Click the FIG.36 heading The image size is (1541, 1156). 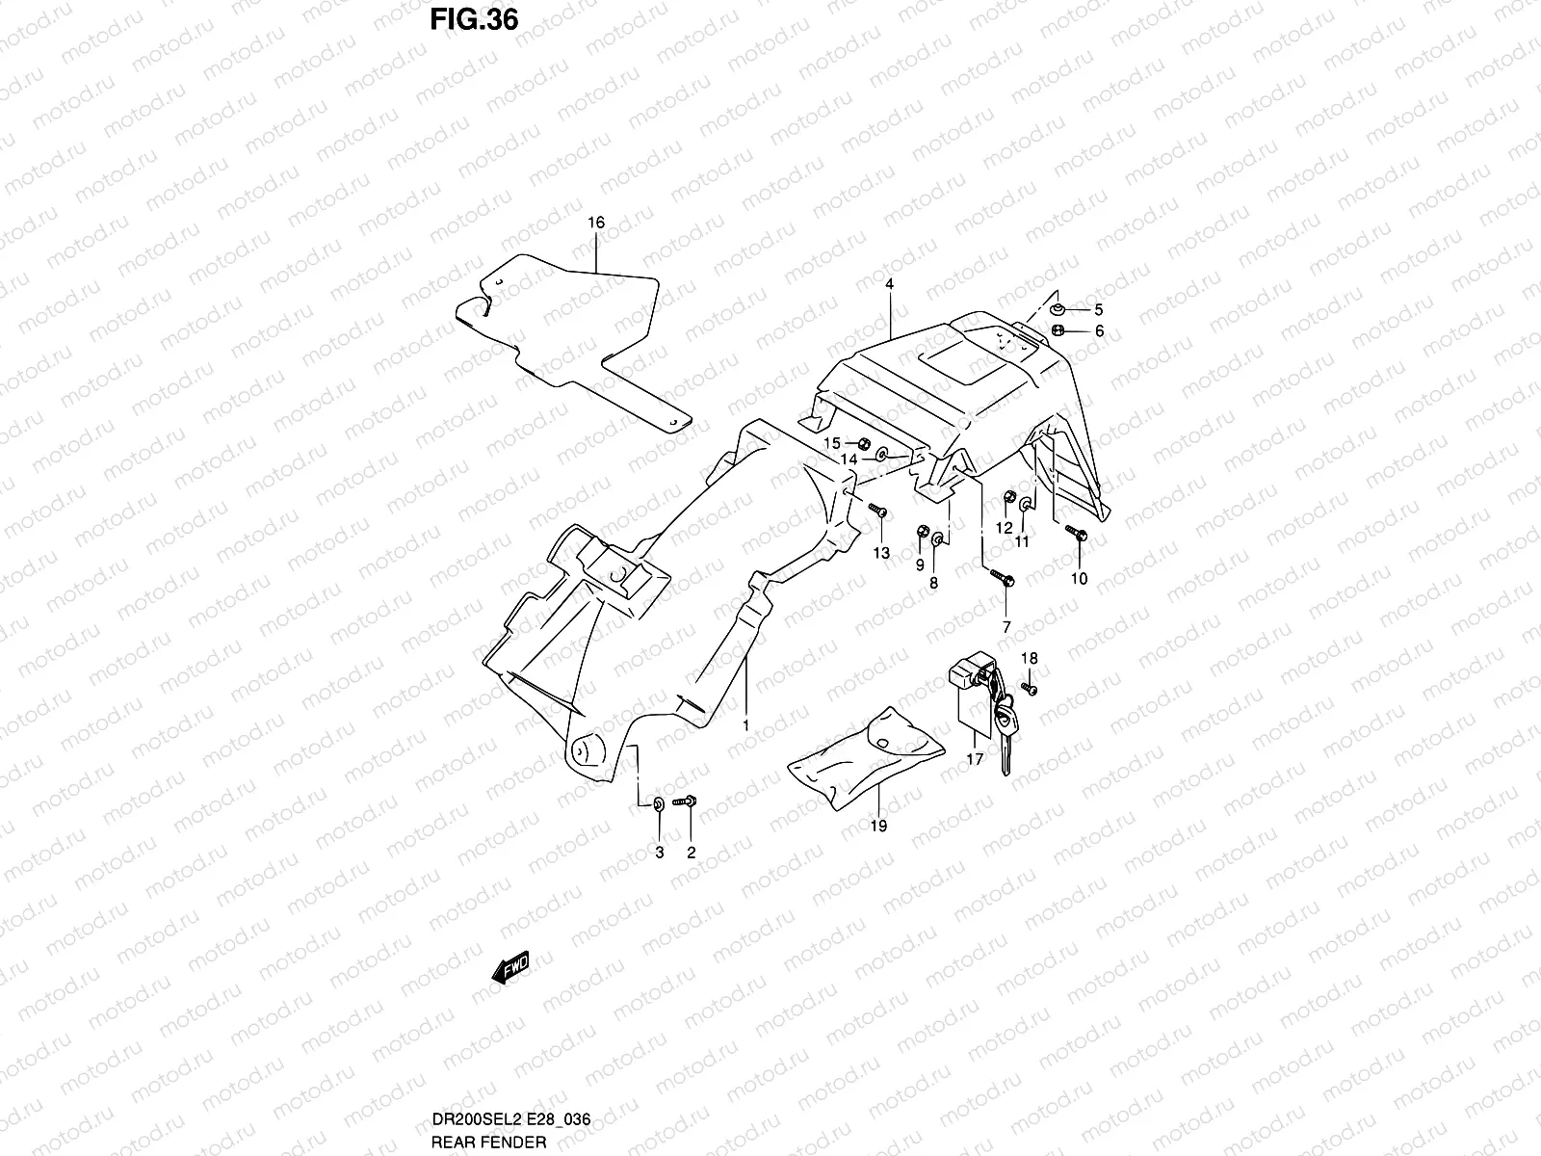[x=474, y=19]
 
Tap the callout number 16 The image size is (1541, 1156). [x=596, y=223]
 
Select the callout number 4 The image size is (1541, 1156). [x=890, y=284]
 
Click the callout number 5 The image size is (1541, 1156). [x=1099, y=309]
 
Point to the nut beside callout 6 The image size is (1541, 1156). [x=1058, y=329]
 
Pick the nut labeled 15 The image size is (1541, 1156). [x=865, y=443]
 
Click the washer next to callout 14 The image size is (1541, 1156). [x=882, y=456]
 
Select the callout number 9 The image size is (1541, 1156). [x=920, y=565]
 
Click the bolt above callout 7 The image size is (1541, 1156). [x=1002, y=578]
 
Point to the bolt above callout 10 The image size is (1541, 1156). [x=1077, y=533]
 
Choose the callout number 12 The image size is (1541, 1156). [x=1005, y=528]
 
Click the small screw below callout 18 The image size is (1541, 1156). [x=1030, y=689]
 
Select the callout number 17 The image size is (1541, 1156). [x=975, y=759]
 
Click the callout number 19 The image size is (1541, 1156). [x=879, y=827]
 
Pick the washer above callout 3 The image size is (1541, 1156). [x=659, y=804]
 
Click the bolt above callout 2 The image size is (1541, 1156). [x=685, y=801]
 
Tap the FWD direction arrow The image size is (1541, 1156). [x=510, y=967]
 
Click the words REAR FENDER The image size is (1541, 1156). [x=488, y=1143]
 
